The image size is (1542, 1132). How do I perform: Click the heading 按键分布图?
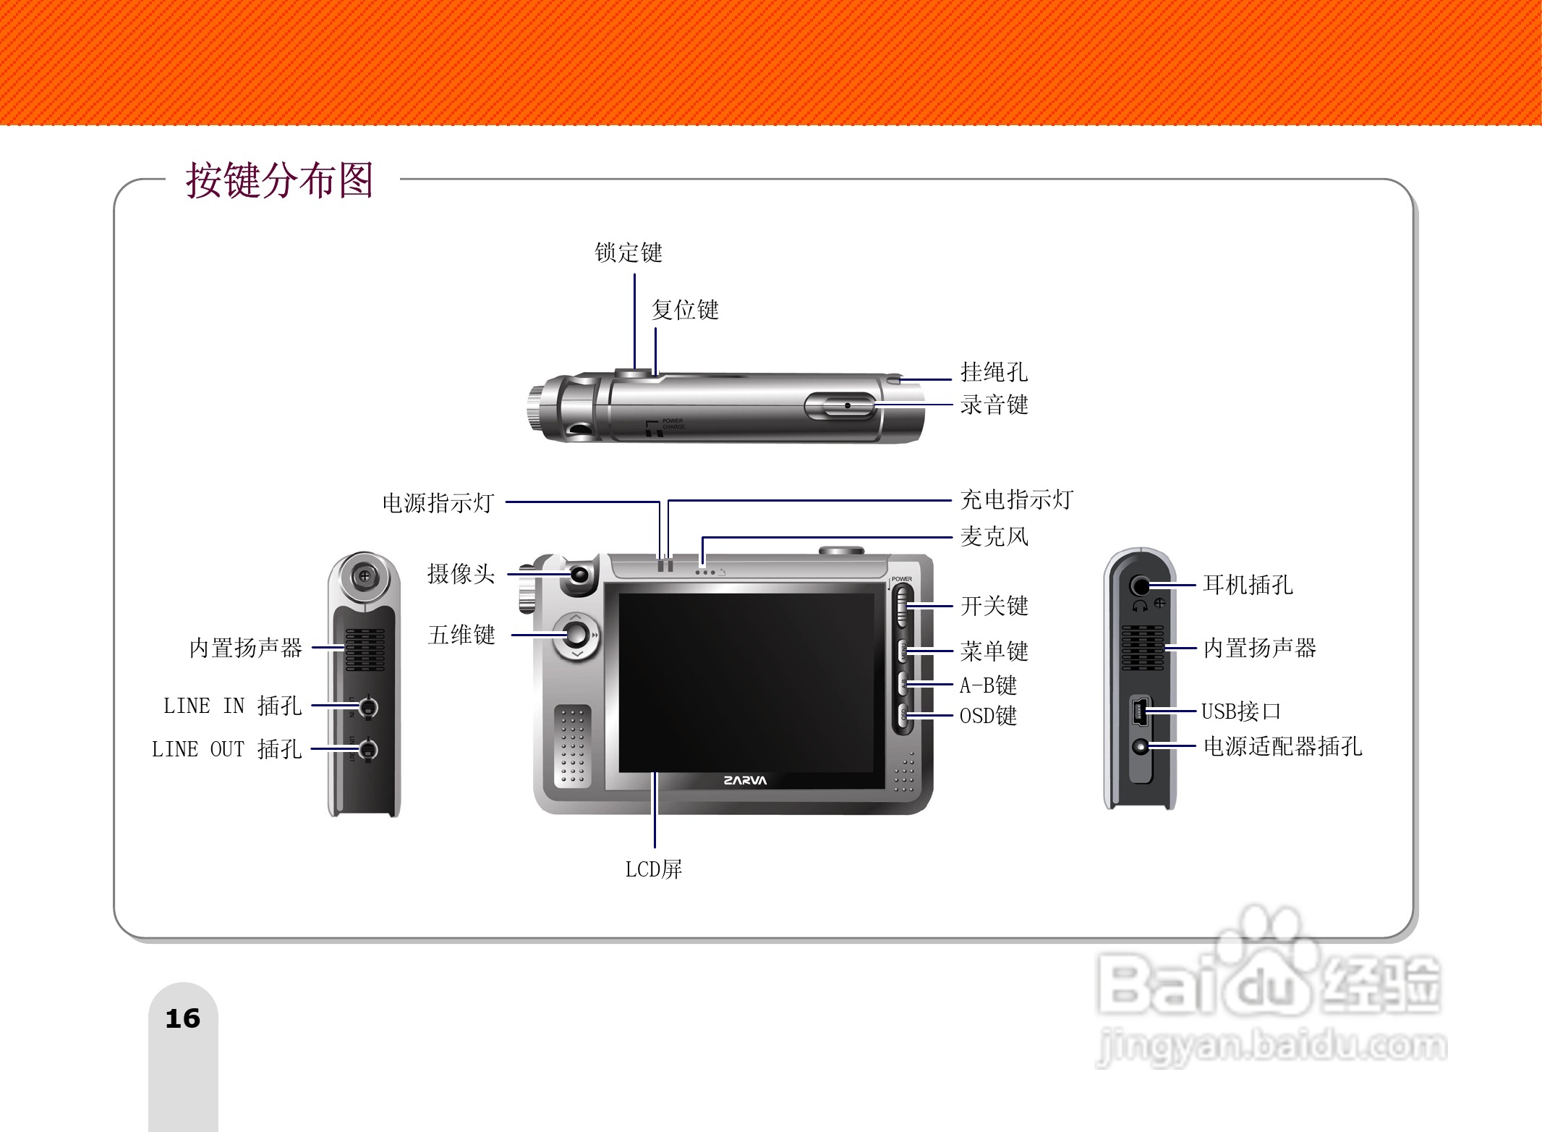[279, 180]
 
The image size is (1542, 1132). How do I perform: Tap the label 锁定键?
[628, 253]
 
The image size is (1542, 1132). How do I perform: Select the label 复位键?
[684, 310]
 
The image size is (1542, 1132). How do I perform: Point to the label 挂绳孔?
[993, 372]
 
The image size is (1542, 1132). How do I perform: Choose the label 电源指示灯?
[438, 502]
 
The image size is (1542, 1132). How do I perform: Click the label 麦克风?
[993, 536]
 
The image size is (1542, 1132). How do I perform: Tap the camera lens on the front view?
[581, 575]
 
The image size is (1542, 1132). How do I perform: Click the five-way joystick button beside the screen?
[576, 635]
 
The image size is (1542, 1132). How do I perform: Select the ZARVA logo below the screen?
[744, 780]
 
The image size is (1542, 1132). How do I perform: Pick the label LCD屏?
[653, 869]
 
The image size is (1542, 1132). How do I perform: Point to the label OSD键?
[987, 716]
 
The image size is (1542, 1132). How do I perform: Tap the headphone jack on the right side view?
[1141, 585]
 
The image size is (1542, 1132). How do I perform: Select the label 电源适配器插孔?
[1282, 746]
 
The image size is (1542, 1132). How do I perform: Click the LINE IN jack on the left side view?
[368, 706]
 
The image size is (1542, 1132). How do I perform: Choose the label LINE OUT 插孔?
[226, 749]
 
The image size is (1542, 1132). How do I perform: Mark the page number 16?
[182, 1018]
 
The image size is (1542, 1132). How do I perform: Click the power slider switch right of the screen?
[902, 606]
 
